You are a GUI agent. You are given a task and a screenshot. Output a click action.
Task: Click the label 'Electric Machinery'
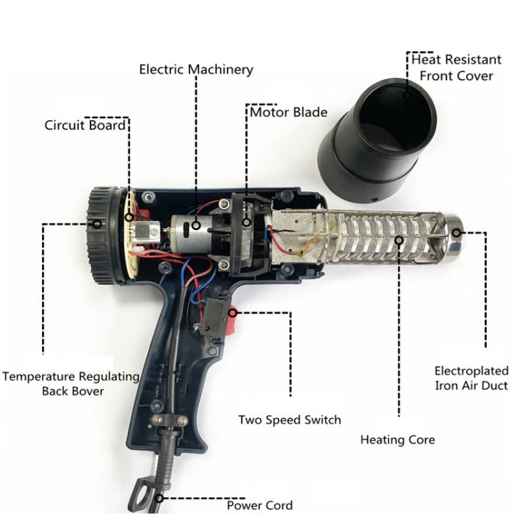pos(196,69)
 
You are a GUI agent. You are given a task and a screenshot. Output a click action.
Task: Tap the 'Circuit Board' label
pos(85,125)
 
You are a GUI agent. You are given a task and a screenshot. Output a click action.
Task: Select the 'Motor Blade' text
pos(289,112)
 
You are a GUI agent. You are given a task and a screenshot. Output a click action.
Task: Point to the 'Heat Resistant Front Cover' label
pos(456,67)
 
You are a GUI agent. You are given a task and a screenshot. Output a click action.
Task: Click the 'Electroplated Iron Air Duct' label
pos(470,378)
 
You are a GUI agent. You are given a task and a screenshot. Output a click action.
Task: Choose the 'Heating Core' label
pos(397,439)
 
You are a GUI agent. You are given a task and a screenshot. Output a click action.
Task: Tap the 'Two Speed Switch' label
pos(290,420)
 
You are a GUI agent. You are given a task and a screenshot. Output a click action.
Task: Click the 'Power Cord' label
pos(259,505)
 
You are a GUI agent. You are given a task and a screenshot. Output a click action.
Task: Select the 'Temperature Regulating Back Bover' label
pos(71,383)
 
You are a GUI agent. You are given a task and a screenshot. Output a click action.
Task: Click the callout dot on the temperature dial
pos(98,224)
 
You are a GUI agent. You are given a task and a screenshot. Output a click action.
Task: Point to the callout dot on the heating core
pos(399,241)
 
